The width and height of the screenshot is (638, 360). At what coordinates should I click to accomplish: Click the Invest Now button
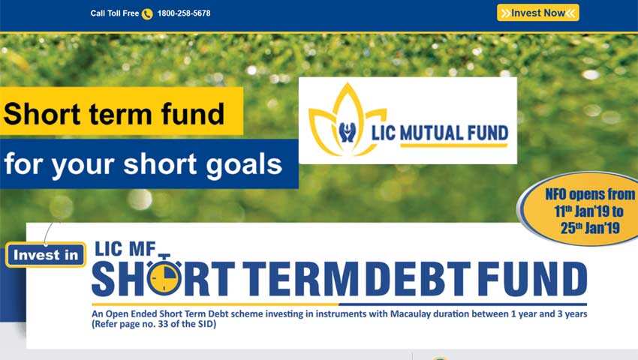pos(537,13)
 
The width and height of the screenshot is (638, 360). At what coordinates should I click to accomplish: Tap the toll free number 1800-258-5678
pos(184,13)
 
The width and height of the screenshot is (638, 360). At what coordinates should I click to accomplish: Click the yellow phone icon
pos(147,13)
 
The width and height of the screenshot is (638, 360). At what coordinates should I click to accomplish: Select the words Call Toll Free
pos(114,13)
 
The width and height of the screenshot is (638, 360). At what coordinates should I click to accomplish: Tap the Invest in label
pos(46,255)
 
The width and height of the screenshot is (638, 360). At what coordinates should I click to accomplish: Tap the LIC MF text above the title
pos(123,249)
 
